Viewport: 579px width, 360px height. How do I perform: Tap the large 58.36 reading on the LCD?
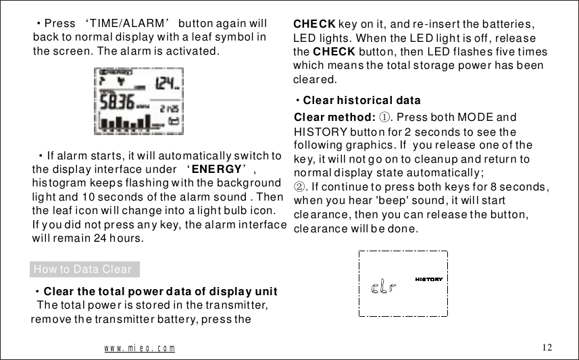[x=116, y=104]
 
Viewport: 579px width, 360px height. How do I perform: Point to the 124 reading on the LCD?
[x=166, y=84]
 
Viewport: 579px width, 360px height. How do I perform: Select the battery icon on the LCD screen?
[x=175, y=122]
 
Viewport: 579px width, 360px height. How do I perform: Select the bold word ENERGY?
[x=216, y=169]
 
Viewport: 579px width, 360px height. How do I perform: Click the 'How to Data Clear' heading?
[x=82, y=269]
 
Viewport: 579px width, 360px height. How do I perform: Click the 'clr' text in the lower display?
[x=384, y=288]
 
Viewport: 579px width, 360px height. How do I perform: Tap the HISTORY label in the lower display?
[x=428, y=278]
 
